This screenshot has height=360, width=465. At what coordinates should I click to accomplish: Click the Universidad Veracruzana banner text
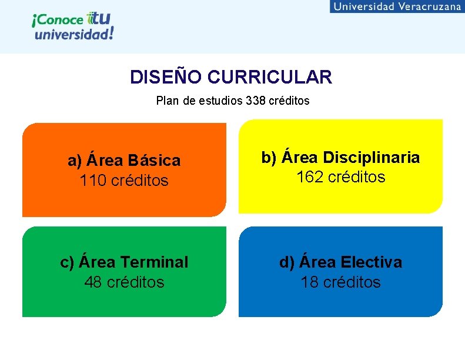(397, 6)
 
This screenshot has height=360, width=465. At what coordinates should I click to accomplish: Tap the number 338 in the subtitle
(256, 101)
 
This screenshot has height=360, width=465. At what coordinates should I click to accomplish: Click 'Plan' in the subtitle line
(167, 101)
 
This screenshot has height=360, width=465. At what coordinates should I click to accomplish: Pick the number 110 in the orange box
(92, 181)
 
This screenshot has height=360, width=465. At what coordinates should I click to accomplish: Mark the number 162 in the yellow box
(310, 177)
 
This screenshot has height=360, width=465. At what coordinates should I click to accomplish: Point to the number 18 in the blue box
(310, 282)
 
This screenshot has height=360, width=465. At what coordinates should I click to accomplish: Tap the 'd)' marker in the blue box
(287, 262)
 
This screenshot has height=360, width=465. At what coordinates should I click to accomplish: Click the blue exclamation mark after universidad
(111, 32)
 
